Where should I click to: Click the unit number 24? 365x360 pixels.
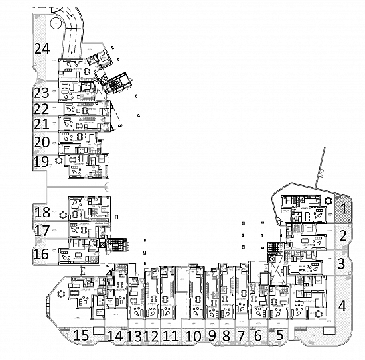pyautogui.click(x=42, y=48)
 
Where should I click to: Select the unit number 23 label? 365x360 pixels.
pyautogui.click(x=42, y=93)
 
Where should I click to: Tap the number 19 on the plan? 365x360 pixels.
pyautogui.click(x=41, y=162)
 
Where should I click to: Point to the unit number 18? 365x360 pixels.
pyautogui.click(x=42, y=212)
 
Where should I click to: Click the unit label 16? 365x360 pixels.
pyautogui.click(x=41, y=254)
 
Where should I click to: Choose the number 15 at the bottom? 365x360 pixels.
pyautogui.click(x=81, y=335)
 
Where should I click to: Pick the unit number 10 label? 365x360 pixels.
pyautogui.click(x=193, y=336)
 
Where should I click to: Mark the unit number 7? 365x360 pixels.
pyautogui.click(x=242, y=336)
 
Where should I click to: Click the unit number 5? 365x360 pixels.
pyautogui.click(x=279, y=335)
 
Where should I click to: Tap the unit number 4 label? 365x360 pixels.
pyautogui.click(x=342, y=306)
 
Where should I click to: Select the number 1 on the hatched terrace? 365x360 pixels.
pyautogui.click(x=344, y=208)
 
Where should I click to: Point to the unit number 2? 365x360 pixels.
pyautogui.click(x=343, y=235)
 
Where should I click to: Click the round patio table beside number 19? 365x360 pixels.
pyautogui.click(x=58, y=160)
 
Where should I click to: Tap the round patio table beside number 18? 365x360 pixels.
pyautogui.click(x=63, y=215)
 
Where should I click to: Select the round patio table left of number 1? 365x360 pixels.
pyautogui.click(x=328, y=200)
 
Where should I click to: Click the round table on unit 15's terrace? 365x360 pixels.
pyautogui.click(x=61, y=294)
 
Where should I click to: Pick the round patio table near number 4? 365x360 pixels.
pyautogui.click(x=318, y=314)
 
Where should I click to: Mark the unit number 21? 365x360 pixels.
pyautogui.click(x=41, y=124)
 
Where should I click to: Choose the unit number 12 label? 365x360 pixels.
pyautogui.click(x=151, y=336)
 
